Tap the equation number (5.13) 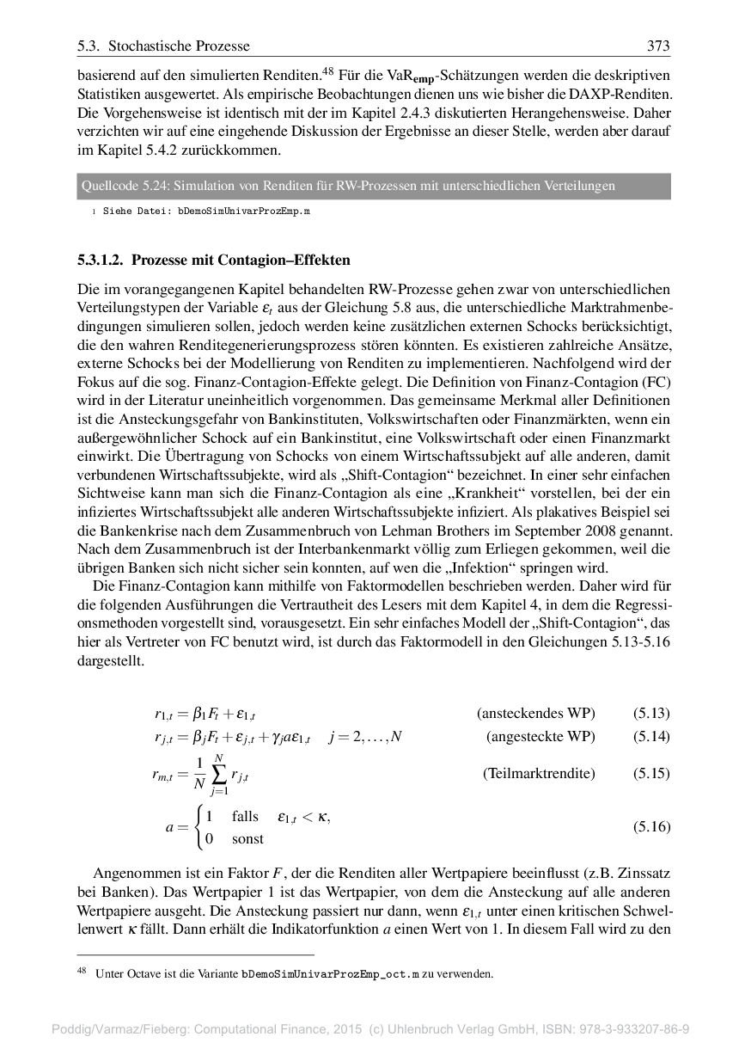(x=651, y=713)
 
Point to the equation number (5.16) (x=651, y=827)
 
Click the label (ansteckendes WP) (x=536, y=713)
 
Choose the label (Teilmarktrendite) (x=539, y=773)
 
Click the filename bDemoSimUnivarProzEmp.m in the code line (x=243, y=211)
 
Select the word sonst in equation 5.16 (x=247, y=838)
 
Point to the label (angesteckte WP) (x=540, y=737)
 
